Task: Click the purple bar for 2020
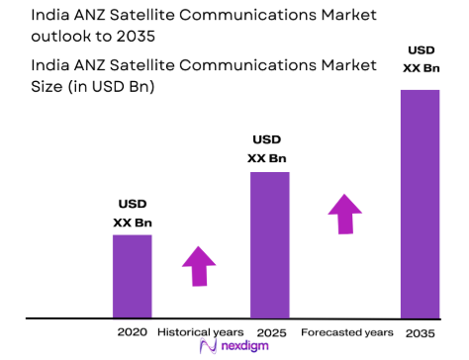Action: click(x=132, y=276)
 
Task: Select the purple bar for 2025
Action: click(x=269, y=245)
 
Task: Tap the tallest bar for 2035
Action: click(x=421, y=204)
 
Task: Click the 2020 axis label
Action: click(x=132, y=331)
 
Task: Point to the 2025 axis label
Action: click(x=270, y=331)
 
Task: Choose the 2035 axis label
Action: click(x=420, y=331)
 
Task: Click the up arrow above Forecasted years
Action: click(x=344, y=214)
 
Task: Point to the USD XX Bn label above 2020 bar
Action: click(x=132, y=215)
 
